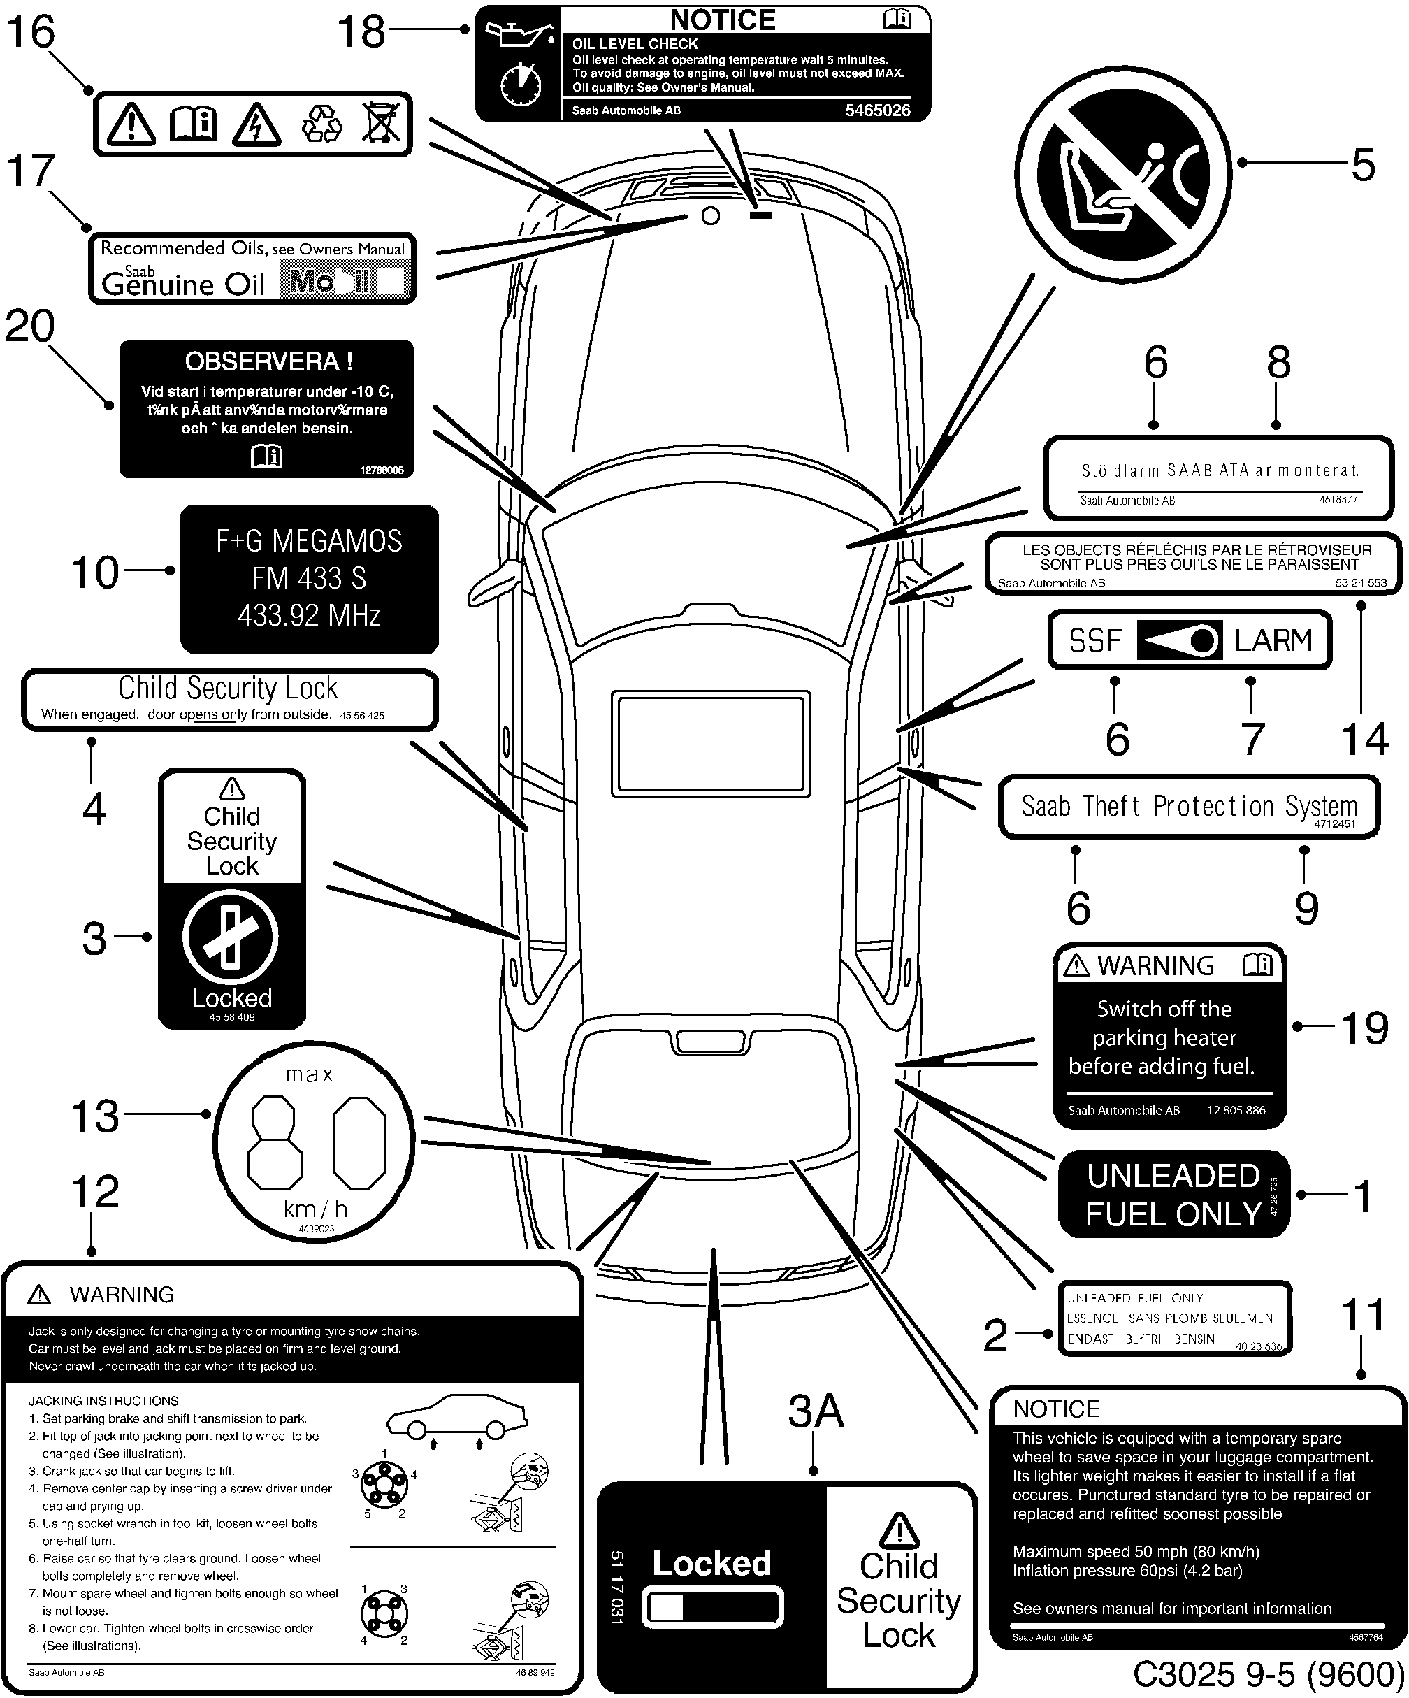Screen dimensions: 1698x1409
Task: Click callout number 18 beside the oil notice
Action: [x=361, y=32]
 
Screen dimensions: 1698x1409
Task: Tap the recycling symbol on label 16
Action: [x=321, y=124]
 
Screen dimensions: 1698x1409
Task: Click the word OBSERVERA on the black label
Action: [x=268, y=361]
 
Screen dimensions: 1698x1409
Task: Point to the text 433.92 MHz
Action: [x=309, y=616]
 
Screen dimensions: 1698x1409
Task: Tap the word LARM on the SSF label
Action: [x=1273, y=640]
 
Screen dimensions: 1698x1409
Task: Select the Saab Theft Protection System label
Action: [x=1188, y=807]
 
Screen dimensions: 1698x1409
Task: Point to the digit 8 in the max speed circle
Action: [x=275, y=1142]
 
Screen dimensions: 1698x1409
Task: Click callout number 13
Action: [x=95, y=1116]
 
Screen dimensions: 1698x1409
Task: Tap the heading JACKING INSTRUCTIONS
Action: [x=103, y=1400]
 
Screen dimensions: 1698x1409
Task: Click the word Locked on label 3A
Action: [x=711, y=1563]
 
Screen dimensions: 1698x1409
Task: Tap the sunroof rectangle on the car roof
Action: [x=711, y=744]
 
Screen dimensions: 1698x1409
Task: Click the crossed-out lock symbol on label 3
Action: [x=231, y=938]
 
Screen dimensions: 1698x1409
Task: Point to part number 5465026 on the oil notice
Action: [x=877, y=110]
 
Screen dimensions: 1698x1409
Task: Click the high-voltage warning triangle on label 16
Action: [x=256, y=124]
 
